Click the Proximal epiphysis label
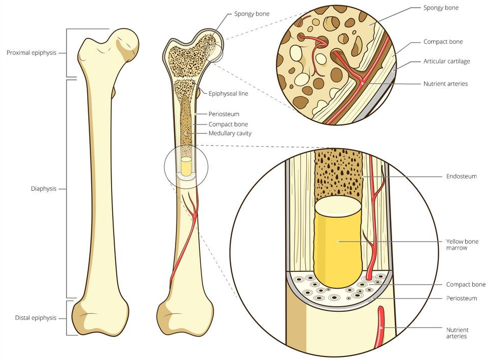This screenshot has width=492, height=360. [x=31, y=53]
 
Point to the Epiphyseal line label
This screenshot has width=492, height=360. [x=228, y=93]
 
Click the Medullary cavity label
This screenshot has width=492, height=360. [x=230, y=133]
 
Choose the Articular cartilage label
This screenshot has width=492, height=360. [x=446, y=61]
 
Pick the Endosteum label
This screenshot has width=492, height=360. [x=461, y=176]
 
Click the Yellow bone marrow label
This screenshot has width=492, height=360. [x=462, y=244]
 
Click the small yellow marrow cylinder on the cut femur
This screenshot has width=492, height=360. [x=186, y=166]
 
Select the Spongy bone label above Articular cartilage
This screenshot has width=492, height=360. [x=441, y=8]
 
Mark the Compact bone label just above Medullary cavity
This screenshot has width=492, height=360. [x=228, y=124]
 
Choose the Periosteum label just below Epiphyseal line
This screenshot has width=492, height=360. [x=224, y=114]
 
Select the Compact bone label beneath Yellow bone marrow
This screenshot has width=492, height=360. [x=466, y=284]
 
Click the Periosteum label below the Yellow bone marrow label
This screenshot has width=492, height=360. [x=461, y=298]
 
